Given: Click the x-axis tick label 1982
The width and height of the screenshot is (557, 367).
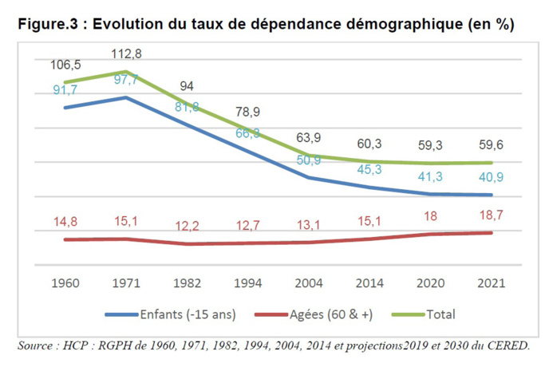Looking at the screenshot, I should [x=187, y=284].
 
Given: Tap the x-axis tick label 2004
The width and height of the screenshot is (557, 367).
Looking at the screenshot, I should [x=310, y=284].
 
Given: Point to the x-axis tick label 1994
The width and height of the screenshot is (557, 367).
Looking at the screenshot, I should [x=248, y=284].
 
